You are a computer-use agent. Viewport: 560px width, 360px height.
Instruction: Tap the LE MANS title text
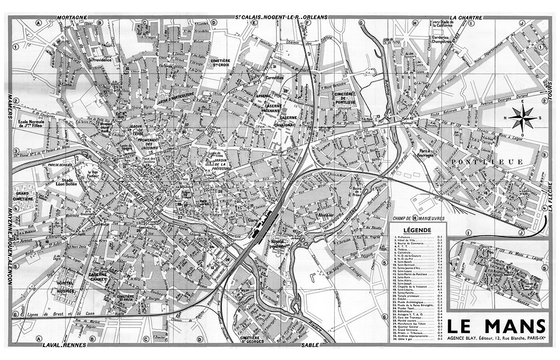[496, 326]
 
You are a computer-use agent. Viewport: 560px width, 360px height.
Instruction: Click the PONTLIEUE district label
[486, 162]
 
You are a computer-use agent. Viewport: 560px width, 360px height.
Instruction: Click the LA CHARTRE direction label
[466, 18]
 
